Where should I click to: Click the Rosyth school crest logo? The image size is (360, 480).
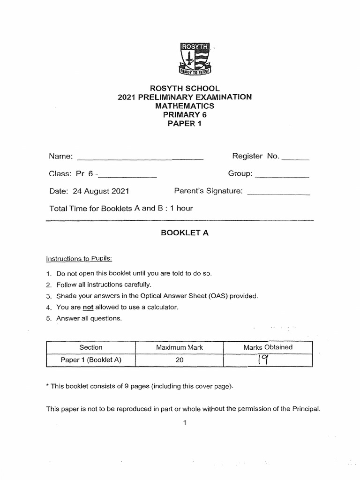click(x=196, y=59)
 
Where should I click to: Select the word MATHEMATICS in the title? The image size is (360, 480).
click(x=184, y=106)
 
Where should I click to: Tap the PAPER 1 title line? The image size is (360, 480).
click(x=184, y=124)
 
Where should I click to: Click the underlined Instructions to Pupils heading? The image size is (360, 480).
click(x=79, y=259)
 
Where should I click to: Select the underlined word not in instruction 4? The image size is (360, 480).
click(x=89, y=307)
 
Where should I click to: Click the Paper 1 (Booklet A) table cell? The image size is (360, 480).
click(x=91, y=360)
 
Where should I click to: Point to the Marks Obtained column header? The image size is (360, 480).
click(x=268, y=347)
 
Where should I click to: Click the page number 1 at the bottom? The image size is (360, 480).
click(x=185, y=423)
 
